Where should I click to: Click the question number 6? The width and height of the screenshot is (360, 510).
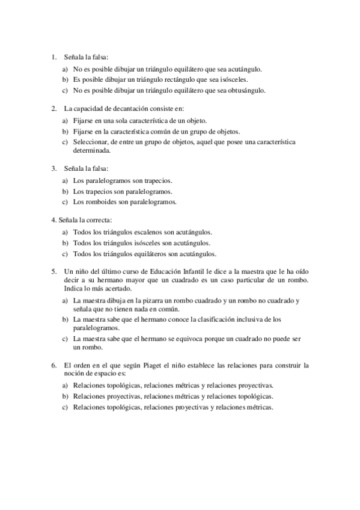53,365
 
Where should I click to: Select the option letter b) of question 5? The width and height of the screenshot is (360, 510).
65,319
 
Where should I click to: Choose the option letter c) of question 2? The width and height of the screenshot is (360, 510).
65,142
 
